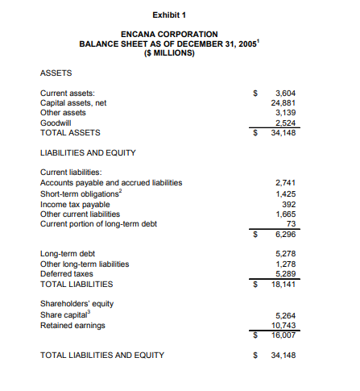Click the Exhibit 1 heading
(x=168, y=15)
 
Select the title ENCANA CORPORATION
(x=168, y=33)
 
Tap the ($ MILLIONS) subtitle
(x=168, y=52)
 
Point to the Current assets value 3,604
(x=285, y=94)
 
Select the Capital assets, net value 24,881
(x=283, y=103)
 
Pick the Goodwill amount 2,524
(x=285, y=123)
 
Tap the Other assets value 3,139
(x=285, y=113)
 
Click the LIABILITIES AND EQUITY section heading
(x=88, y=152)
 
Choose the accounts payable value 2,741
(x=285, y=184)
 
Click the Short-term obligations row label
(x=81, y=193)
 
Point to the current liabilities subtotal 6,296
(x=285, y=234)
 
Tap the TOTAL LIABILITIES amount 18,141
(x=283, y=284)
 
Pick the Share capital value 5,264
(x=285, y=315)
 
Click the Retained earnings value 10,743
(x=283, y=325)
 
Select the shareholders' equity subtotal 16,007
(x=283, y=335)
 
